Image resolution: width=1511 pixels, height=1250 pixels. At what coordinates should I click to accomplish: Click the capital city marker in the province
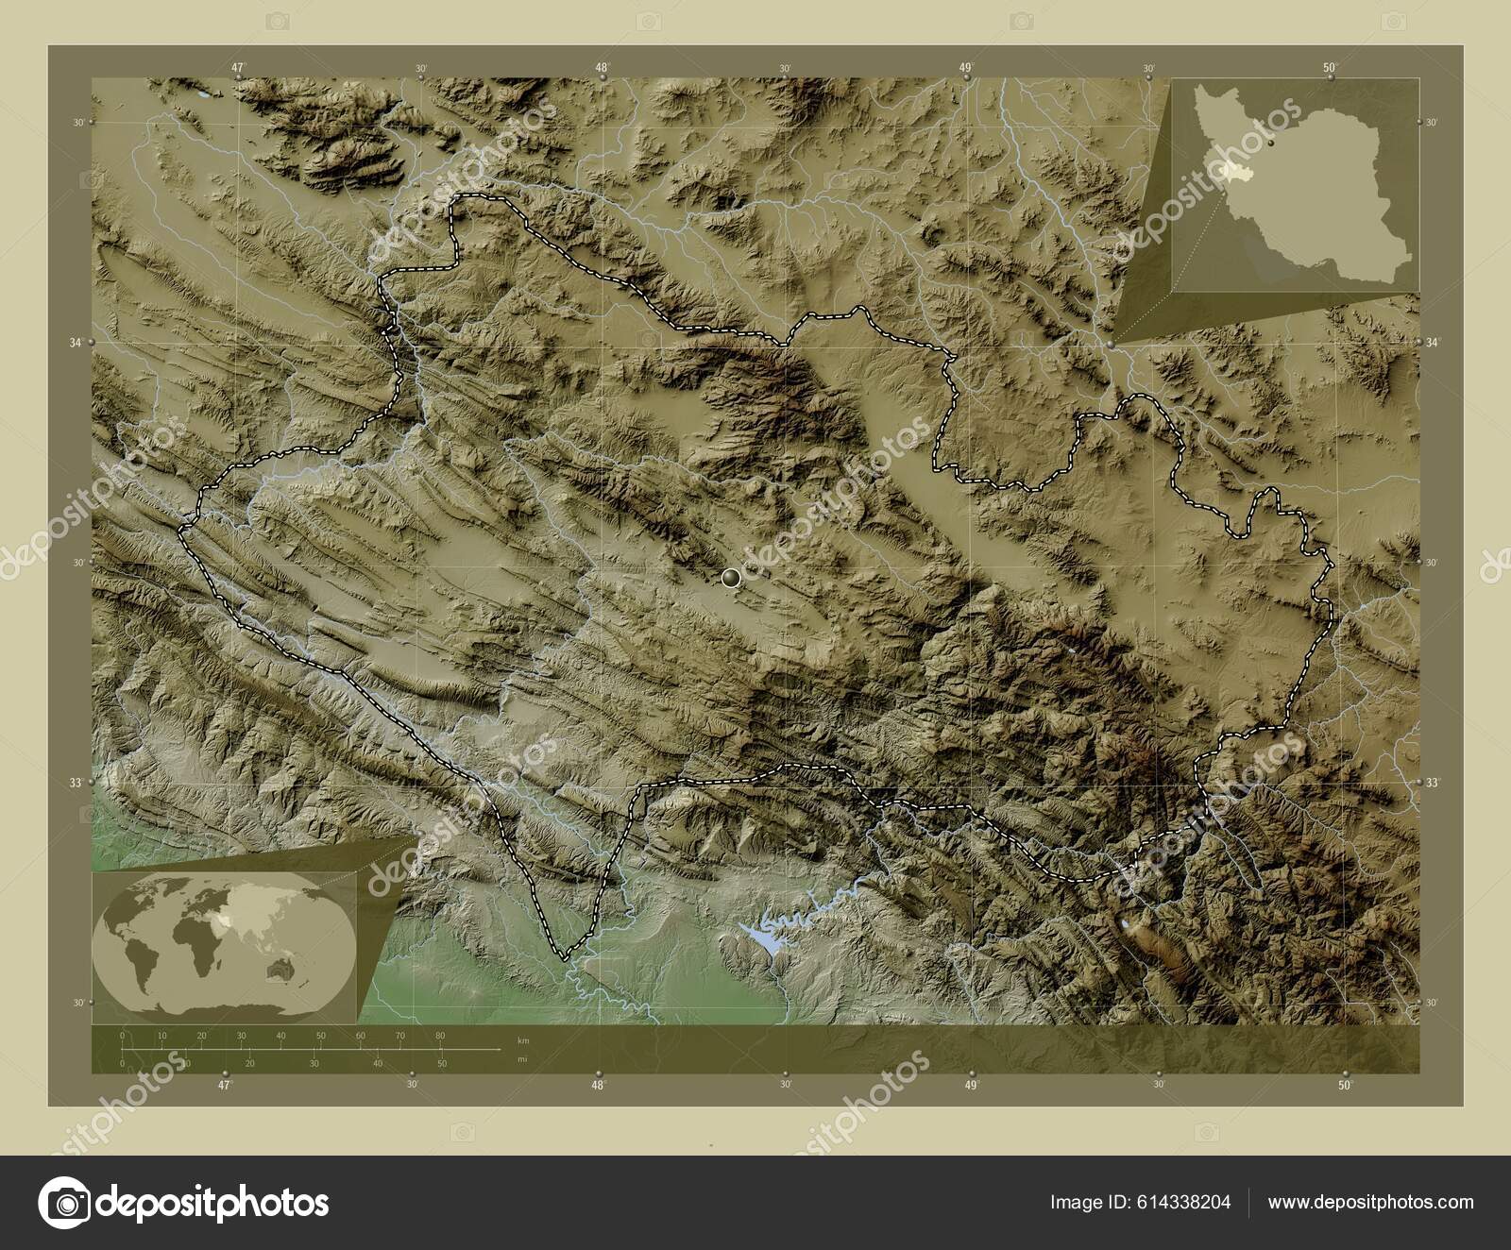(x=730, y=578)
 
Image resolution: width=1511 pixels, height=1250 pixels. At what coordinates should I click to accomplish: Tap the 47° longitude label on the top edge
(x=238, y=67)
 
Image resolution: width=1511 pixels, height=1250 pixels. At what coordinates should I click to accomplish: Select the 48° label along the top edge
(x=602, y=67)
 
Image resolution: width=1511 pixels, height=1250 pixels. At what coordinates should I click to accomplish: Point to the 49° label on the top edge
(x=966, y=67)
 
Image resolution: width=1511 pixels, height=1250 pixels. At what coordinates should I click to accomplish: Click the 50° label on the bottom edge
(x=1345, y=1086)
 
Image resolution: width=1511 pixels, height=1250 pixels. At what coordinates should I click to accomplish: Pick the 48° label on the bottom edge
(x=597, y=1086)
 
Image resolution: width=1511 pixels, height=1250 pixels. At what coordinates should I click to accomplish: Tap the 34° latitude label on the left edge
(x=79, y=343)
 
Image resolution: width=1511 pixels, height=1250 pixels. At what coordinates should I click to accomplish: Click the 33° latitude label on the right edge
(x=1432, y=783)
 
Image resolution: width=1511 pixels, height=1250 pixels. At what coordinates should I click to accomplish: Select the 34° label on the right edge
(x=1432, y=343)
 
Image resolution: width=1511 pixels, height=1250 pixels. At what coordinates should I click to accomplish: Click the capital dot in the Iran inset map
(x=1271, y=144)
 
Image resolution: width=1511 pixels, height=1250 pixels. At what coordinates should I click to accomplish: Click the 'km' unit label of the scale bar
(x=524, y=1039)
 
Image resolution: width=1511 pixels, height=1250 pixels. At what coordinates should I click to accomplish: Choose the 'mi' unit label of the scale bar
(x=522, y=1058)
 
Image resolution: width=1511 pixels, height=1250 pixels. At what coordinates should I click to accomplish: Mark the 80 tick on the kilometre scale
(x=441, y=1037)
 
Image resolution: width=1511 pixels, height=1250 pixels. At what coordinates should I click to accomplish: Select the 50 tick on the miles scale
(x=441, y=1063)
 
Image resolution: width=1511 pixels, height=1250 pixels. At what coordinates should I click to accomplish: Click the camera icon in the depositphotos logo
(x=64, y=1202)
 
